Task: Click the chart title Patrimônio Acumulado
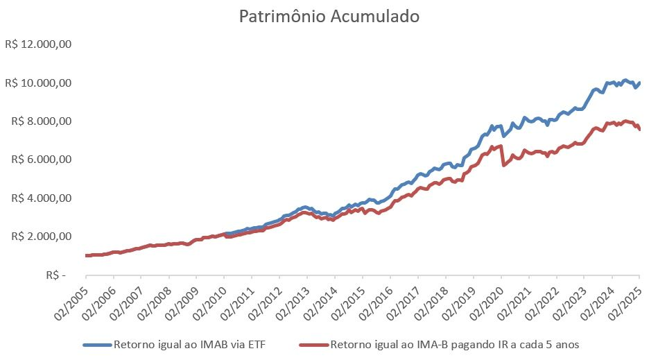pos(329,17)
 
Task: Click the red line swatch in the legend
pos(313,344)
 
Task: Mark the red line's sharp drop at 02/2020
pos(502,157)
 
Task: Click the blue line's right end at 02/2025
pos(639,83)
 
